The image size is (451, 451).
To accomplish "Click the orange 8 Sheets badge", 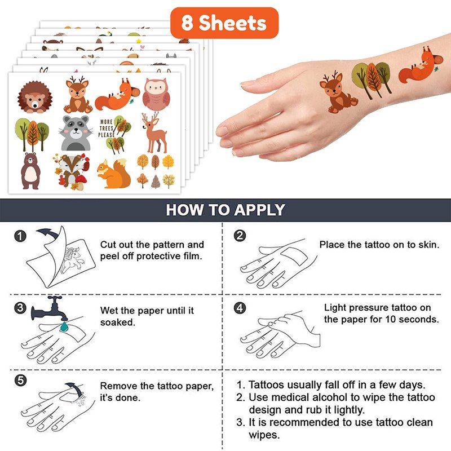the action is click(224, 23).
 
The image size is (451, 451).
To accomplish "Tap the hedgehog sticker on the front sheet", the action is click(35, 97).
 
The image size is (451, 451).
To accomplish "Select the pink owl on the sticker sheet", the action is click(156, 95).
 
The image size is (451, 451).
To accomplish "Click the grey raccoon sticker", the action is click(76, 133).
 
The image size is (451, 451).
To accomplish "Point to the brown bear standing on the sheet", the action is click(30, 171).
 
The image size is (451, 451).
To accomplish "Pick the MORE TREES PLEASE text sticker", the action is click(107, 129).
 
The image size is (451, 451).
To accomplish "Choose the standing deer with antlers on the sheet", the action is click(154, 133).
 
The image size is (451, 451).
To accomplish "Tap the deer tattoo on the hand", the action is click(338, 92).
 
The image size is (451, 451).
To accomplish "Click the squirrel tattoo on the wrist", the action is click(421, 67).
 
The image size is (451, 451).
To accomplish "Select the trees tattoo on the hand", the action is click(372, 80).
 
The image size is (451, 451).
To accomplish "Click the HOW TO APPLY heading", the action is click(225, 210).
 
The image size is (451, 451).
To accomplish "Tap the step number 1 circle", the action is click(20, 236).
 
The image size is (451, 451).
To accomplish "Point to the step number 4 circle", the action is click(240, 308).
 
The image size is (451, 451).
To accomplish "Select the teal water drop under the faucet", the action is click(64, 326).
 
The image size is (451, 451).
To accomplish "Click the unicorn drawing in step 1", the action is click(73, 260).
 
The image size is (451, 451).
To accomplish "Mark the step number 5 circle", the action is click(20, 380).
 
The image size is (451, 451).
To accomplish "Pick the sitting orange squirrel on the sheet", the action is click(114, 174).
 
